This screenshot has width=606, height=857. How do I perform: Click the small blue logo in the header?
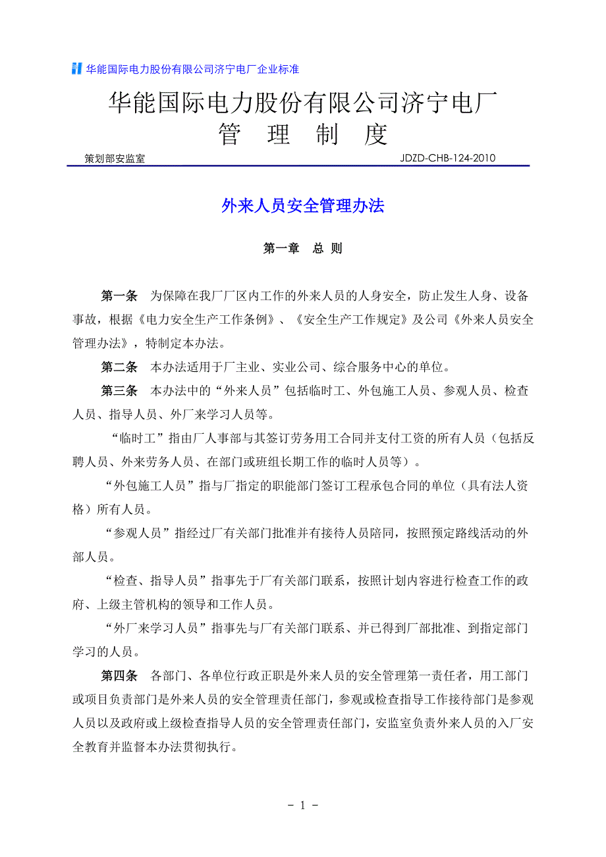(x=77, y=69)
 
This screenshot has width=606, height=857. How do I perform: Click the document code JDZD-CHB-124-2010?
(x=447, y=158)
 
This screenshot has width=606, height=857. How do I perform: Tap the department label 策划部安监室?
(x=115, y=159)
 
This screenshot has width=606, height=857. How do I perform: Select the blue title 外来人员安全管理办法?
(x=303, y=206)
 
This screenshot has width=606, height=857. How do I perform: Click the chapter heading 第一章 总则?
(x=303, y=249)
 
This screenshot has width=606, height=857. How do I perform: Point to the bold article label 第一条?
(x=119, y=294)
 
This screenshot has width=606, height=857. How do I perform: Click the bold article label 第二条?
(x=119, y=367)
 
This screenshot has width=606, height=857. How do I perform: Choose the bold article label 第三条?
(x=119, y=391)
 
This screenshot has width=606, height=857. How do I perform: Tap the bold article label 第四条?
(x=119, y=675)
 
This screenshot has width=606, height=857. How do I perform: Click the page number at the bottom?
(x=303, y=805)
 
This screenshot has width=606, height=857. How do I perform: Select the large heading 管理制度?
(x=303, y=134)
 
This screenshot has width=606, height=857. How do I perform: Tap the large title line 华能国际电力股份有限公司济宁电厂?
(x=303, y=103)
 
